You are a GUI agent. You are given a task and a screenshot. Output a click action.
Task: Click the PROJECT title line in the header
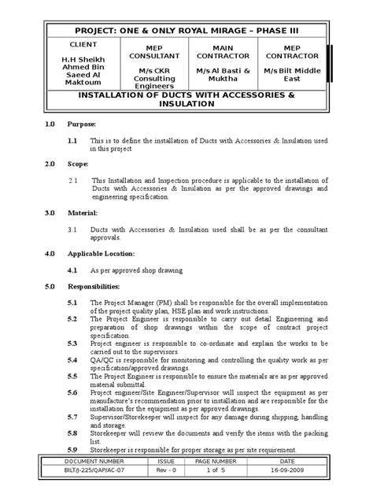point(186,31)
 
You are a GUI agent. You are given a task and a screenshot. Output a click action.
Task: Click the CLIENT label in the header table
point(84,45)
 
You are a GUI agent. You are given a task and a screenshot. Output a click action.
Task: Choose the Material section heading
point(83,213)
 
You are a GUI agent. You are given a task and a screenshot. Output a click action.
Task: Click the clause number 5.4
point(72,359)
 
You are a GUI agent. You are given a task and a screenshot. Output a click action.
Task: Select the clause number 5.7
point(72,415)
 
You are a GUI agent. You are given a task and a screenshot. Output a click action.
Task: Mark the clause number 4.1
point(72,269)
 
